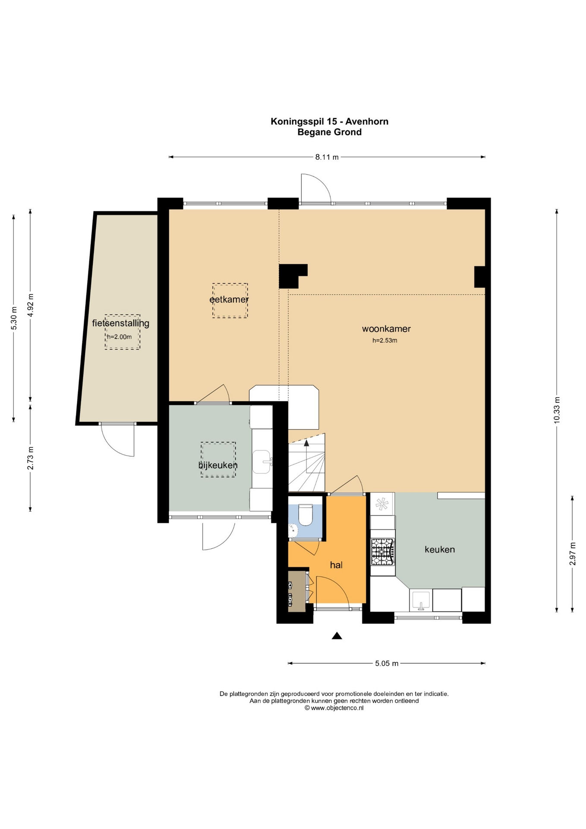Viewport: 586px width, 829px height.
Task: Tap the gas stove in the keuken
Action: [383, 552]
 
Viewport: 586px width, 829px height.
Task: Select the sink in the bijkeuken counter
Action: [262, 462]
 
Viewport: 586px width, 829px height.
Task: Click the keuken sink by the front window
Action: [421, 601]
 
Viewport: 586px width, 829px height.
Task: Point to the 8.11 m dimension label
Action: [327, 157]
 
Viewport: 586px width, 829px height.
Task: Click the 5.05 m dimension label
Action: [387, 663]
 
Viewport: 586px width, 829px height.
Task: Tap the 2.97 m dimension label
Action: [573, 554]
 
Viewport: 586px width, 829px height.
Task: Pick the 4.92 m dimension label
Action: [30, 305]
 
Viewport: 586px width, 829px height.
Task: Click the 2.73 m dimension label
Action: [30, 458]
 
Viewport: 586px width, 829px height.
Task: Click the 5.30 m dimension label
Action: [14, 318]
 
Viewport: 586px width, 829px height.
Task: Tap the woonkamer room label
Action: [386, 329]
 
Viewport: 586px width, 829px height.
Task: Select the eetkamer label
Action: [229, 299]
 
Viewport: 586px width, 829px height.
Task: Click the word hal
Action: [336, 565]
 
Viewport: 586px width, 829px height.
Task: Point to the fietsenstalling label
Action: [121, 323]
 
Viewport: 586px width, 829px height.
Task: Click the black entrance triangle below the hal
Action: [337, 636]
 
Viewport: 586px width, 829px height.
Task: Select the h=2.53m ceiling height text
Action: [385, 340]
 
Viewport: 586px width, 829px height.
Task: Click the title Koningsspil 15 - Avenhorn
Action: [330, 121]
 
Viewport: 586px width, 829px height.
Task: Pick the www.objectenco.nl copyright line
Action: [334, 708]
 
